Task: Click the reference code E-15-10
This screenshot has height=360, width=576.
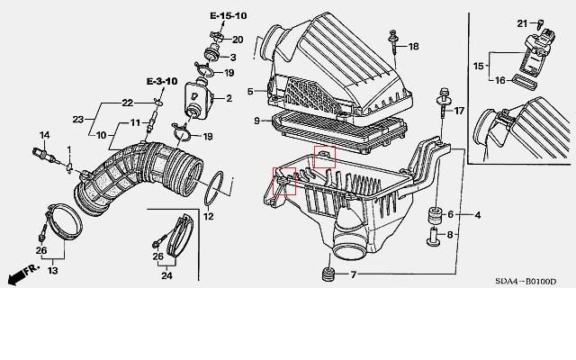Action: point(228,16)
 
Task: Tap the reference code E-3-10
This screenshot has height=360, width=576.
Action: point(162,81)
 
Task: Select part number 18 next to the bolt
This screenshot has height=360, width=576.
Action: point(414,46)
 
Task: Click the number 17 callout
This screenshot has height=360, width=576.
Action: point(459,111)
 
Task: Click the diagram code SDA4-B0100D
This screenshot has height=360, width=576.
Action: point(526,282)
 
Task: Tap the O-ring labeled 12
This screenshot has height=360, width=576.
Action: point(214,188)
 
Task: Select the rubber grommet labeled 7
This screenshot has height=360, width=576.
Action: point(328,274)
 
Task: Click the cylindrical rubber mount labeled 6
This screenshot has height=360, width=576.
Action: point(436,215)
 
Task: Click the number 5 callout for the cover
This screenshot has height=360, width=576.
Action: point(250,91)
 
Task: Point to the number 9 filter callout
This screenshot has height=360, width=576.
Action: point(256,121)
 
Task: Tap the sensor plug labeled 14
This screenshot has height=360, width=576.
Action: point(44,155)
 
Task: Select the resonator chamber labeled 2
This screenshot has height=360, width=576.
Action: point(199,100)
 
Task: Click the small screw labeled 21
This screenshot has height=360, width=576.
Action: point(539,25)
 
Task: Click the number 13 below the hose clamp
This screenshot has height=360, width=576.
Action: point(52,271)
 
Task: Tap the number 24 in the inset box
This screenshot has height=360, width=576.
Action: point(166,275)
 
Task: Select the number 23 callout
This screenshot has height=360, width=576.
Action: point(78,120)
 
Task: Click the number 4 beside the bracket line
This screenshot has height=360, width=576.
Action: point(478,215)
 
